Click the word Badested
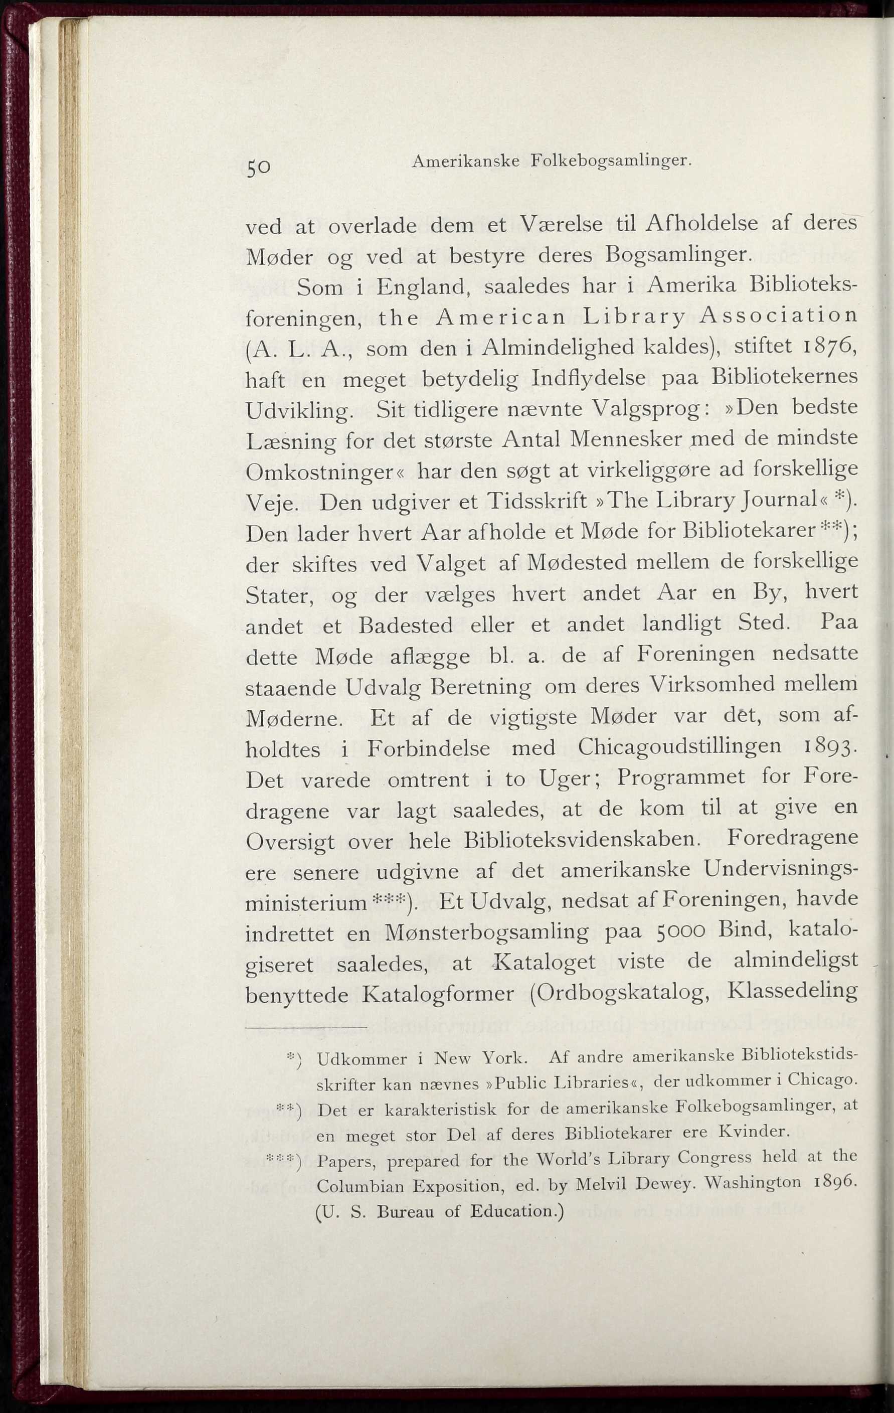(405, 625)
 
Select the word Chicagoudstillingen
(679, 746)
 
